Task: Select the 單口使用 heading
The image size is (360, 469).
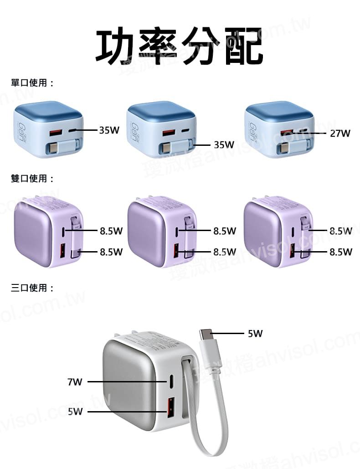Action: (32, 83)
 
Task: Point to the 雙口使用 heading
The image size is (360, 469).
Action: (32, 178)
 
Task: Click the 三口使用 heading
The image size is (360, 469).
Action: (32, 288)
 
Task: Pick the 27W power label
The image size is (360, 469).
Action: (340, 134)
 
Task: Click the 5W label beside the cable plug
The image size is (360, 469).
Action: (255, 334)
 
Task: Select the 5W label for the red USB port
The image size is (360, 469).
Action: (75, 412)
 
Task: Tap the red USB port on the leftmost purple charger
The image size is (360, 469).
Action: (64, 251)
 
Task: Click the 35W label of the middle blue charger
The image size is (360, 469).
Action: (224, 145)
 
